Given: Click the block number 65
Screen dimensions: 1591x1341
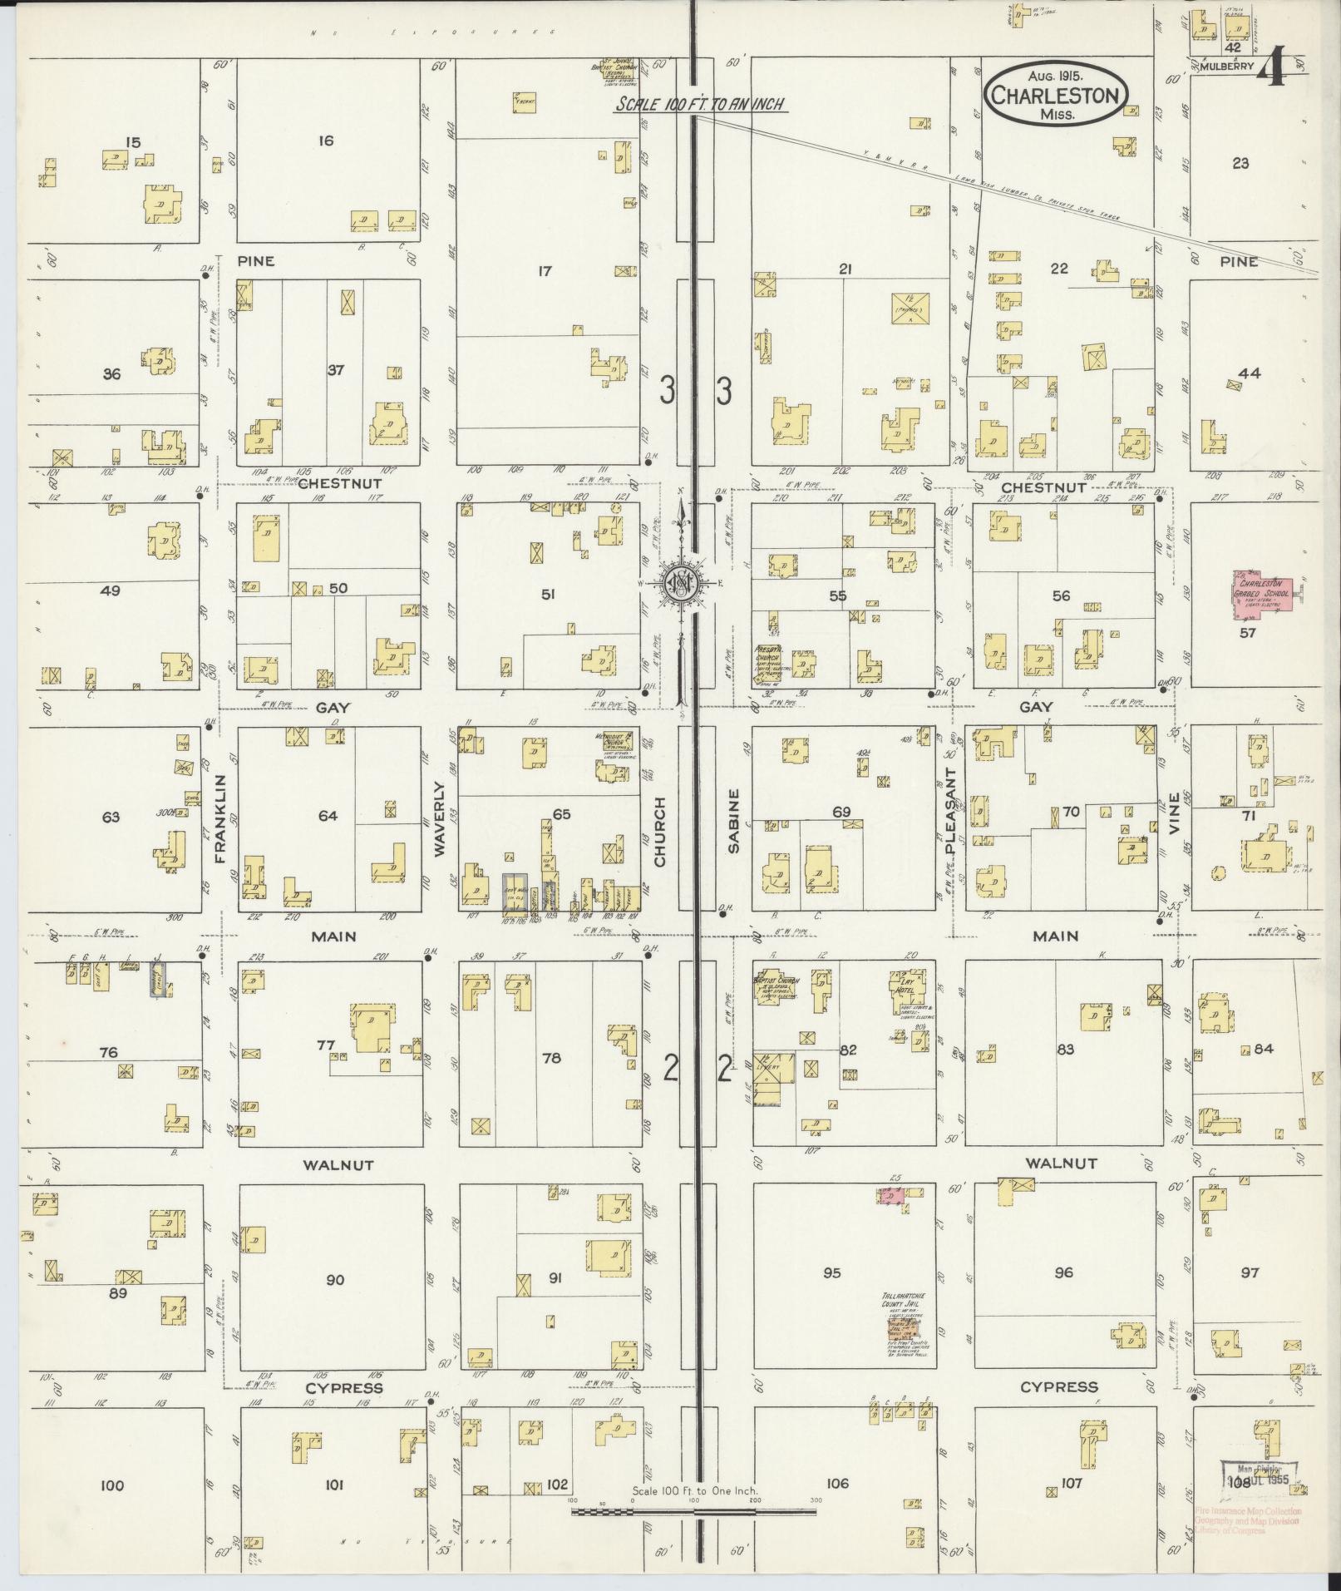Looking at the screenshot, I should point(562,813).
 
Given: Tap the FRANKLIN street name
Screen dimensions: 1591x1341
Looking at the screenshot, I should point(220,818).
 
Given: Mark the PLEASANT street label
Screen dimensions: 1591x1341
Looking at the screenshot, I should point(951,813).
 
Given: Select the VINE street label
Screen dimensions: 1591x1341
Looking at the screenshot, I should point(1173,814).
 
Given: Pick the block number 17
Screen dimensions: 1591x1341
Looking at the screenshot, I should point(545,270).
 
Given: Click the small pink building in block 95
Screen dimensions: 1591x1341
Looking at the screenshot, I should point(890,1195).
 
